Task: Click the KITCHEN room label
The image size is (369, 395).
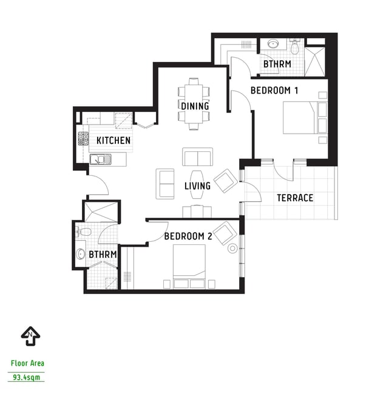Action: [113, 140]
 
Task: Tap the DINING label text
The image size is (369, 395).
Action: [195, 106]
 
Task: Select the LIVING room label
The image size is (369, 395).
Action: [197, 186]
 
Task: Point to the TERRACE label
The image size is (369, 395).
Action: [295, 198]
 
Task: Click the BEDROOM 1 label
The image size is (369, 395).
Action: [274, 91]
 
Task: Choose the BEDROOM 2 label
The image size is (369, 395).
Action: [188, 236]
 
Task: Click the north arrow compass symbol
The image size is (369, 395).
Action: [30, 336]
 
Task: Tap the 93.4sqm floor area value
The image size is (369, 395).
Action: [27, 377]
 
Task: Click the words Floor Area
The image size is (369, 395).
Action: [27, 363]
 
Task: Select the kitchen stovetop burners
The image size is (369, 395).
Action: [83, 139]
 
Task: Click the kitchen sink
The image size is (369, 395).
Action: [101, 159]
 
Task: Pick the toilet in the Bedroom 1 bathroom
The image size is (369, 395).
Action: [294, 46]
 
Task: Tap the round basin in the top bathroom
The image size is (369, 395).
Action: [273, 44]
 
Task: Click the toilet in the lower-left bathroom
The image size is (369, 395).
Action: [84, 232]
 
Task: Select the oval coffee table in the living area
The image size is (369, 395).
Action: [197, 185]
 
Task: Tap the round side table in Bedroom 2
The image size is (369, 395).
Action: [232, 249]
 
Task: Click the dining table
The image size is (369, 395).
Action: [194, 104]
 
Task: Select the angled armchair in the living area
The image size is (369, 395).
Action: [226, 181]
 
